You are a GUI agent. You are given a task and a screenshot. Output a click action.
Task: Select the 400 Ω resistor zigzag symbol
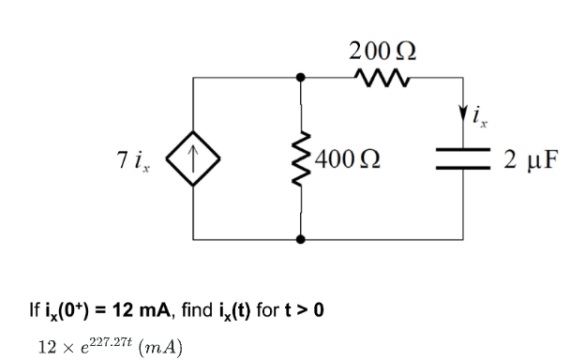click(301, 157)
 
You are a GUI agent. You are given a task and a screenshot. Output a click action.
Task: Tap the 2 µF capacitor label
click(530, 157)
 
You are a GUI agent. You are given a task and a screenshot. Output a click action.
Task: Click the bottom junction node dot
click(301, 239)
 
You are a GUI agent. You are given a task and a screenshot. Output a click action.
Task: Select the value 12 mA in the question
click(119, 308)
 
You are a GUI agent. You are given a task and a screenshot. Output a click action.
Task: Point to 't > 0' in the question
click(305, 308)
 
